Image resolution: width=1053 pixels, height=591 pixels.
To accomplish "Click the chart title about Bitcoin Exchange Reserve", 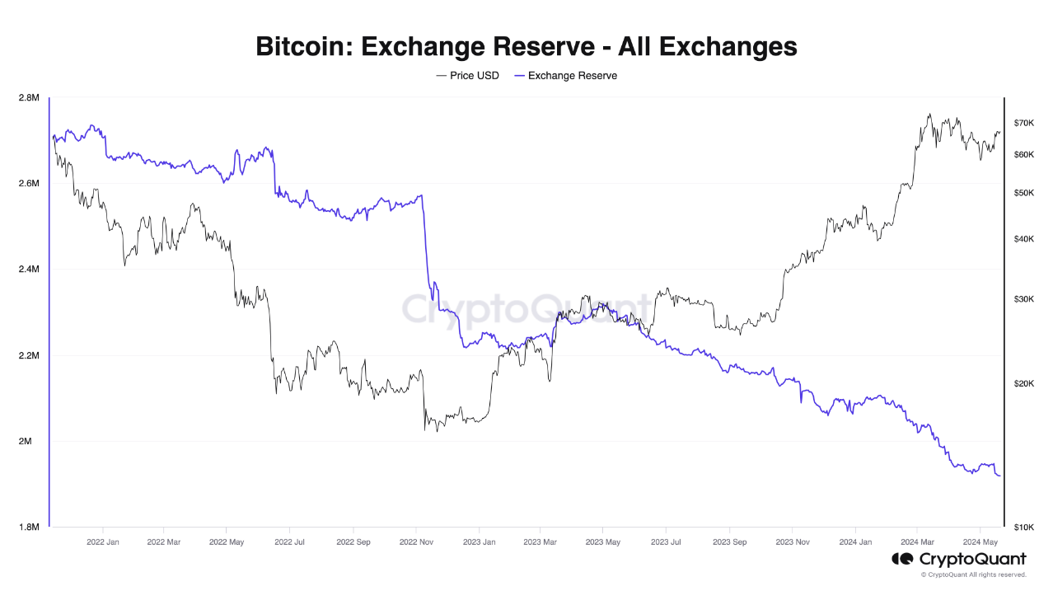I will point(526,46).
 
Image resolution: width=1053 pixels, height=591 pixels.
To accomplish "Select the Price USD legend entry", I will point(467,76).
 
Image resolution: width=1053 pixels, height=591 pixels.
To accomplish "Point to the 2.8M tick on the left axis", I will point(28,98).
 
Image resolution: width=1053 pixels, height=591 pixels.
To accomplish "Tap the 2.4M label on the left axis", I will point(28,270).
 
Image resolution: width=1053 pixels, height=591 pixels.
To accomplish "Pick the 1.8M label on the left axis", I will point(28,528).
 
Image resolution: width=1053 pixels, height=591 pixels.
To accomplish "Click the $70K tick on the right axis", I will point(1023,123).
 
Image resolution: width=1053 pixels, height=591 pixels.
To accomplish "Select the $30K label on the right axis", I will point(1023,299).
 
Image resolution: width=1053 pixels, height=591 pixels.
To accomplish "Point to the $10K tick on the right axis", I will point(1023,528).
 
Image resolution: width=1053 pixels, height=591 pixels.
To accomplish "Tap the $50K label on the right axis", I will point(1023,193).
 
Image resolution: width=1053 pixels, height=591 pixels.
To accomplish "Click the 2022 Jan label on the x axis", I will point(102,542).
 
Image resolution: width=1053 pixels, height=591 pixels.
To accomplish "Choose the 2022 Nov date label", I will point(416,542).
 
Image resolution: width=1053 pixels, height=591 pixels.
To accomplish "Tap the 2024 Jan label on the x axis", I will point(854,542).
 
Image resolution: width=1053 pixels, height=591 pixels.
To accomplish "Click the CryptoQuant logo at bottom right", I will point(959,560).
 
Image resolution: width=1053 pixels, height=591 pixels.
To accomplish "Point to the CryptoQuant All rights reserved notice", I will point(973,575).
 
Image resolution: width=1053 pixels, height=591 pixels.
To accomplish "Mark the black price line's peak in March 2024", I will point(930,115).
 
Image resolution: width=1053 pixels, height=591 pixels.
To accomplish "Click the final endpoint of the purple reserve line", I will point(1000,476).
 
